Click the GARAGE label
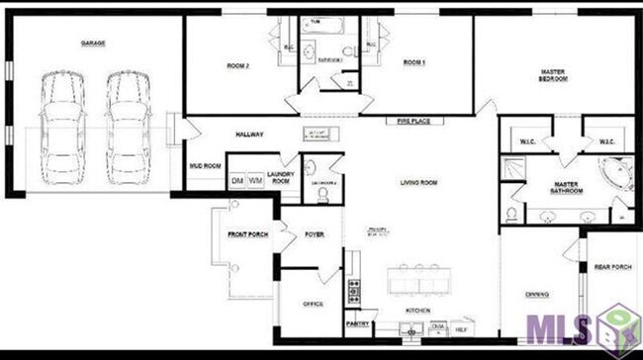pyautogui.click(x=93, y=44)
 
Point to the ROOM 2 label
pyautogui.click(x=237, y=65)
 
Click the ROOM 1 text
pyautogui.click(x=413, y=62)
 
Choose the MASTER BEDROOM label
pyautogui.click(x=553, y=75)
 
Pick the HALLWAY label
pyautogui.click(x=249, y=135)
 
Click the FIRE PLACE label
pyautogui.click(x=413, y=121)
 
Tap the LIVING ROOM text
pyautogui.click(x=418, y=182)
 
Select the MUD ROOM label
pyautogui.click(x=205, y=165)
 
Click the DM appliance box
pyautogui.click(x=237, y=181)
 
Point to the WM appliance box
pyautogui.click(x=255, y=181)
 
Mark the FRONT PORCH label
pyautogui.click(x=247, y=234)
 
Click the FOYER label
pyautogui.click(x=315, y=234)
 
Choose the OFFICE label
pyautogui.click(x=314, y=305)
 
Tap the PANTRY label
pyautogui.click(x=357, y=323)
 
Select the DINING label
pyautogui.click(x=537, y=294)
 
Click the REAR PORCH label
pyautogui.click(x=611, y=266)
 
